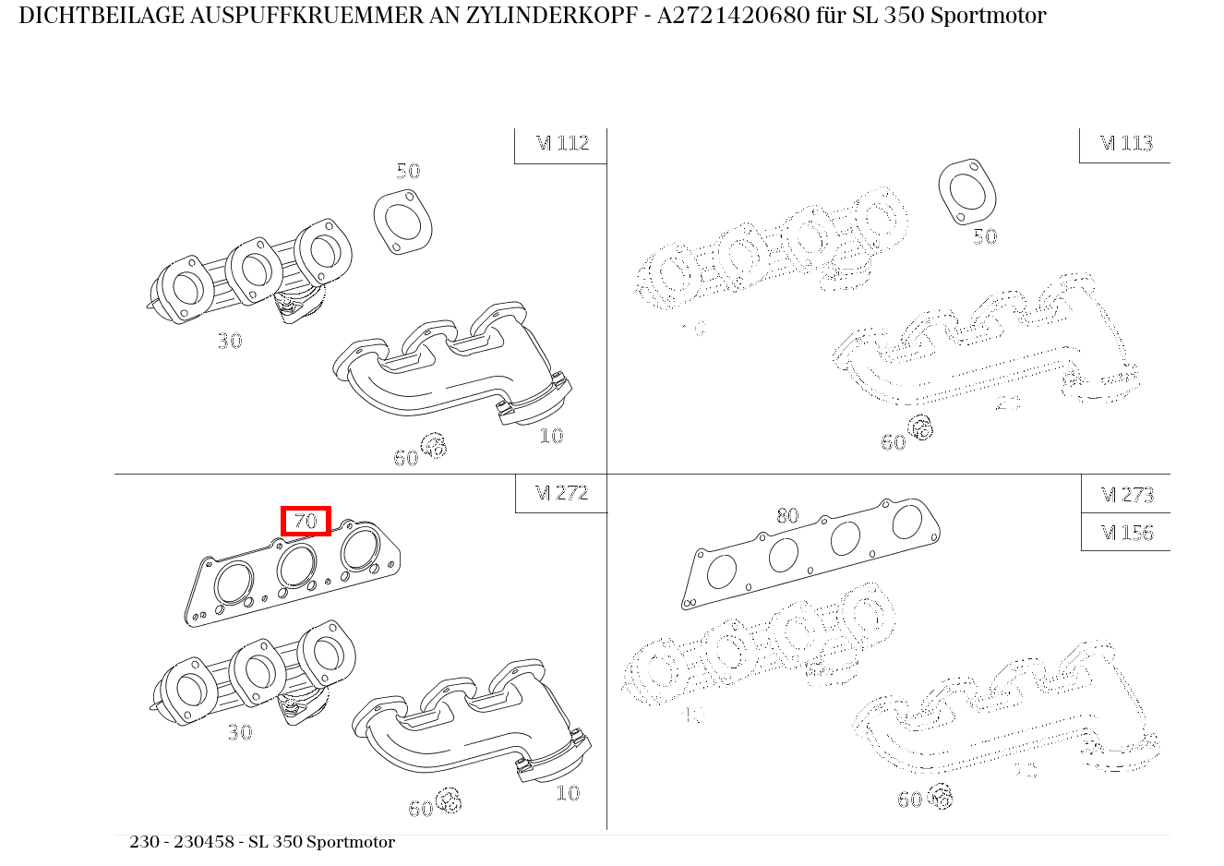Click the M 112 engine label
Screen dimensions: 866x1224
point(562,143)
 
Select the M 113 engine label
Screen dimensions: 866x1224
point(1126,143)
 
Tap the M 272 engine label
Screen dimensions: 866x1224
point(562,493)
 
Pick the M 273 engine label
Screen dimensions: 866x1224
point(1127,495)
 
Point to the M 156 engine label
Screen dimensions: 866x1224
point(1127,533)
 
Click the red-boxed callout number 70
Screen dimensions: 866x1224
point(306,522)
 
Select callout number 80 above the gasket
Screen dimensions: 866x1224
point(787,515)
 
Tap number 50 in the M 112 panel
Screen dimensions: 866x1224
point(408,171)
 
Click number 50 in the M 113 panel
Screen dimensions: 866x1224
point(985,236)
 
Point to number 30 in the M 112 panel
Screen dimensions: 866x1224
point(230,341)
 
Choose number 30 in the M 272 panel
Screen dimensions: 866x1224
point(240,732)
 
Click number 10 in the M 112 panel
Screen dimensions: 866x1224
point(551,436)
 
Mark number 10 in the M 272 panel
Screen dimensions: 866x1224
point(568,793)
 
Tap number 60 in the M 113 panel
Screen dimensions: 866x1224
point(894,442)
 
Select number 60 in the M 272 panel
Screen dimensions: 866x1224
point(421,809)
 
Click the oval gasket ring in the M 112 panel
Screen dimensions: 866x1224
point(403,223)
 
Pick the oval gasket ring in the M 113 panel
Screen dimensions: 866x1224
point(967,192)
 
